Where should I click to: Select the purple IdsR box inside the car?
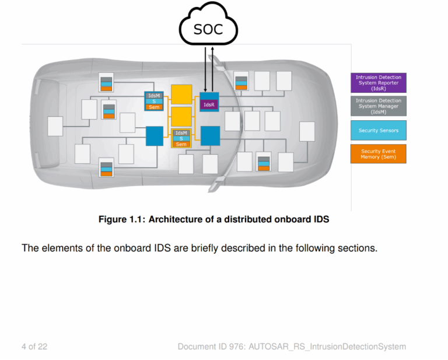point(209,105)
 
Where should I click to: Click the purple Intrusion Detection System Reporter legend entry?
point(378,83)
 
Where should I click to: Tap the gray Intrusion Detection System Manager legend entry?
point(378,106)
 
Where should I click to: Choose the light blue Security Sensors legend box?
point(378,130)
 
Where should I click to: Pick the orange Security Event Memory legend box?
point(378,154)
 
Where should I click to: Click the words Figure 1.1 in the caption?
point(121,220)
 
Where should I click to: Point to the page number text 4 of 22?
point(34,347)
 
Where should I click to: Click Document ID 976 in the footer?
point(211,347)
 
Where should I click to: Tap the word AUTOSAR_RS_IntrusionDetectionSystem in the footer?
point(327,347)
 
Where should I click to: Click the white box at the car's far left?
point(55,126)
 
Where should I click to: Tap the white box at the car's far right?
point(307,131)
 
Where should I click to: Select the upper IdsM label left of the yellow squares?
point(154,95)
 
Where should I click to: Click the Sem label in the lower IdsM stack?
point(181,144)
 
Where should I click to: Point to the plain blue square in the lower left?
point(154,136)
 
